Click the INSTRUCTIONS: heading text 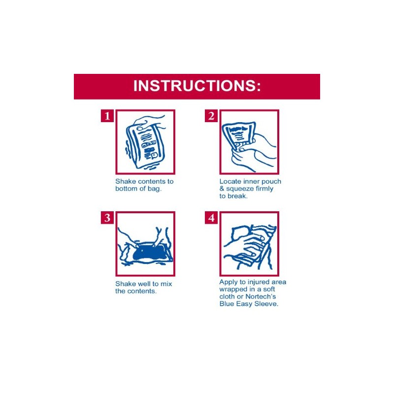click(197, 85)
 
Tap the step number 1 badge click(107, 116)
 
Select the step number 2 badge click(211, 116)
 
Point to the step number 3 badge click(107, 218)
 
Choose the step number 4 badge click(211, 218)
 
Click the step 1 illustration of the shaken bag click(145, 142)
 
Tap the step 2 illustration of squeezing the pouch click(249, 142)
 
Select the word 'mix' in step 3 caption click(166, 284)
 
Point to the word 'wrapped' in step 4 click(233, 290)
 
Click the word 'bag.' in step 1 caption click(154, 189)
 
